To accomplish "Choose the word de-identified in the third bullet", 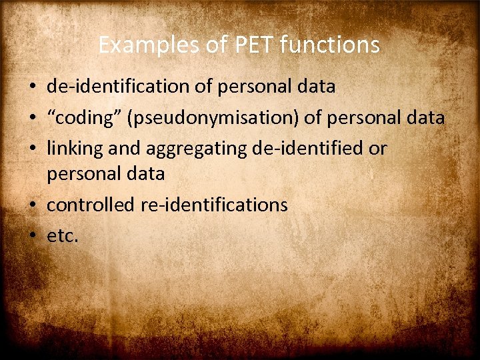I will [x=309, y=148].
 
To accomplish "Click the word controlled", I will [x=91, y=205].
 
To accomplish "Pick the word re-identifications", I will [x=214, y=205].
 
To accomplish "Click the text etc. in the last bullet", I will [x=62, y=235].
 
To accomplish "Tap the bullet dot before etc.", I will [x=32, y=235].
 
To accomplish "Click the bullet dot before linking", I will [x=32, y=149].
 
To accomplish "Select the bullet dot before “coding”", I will [x=32, y=119].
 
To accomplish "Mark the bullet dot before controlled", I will [x=32, y=205].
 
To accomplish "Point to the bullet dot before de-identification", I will [x=32, y=87].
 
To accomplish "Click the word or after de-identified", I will [x=378, y=148].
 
